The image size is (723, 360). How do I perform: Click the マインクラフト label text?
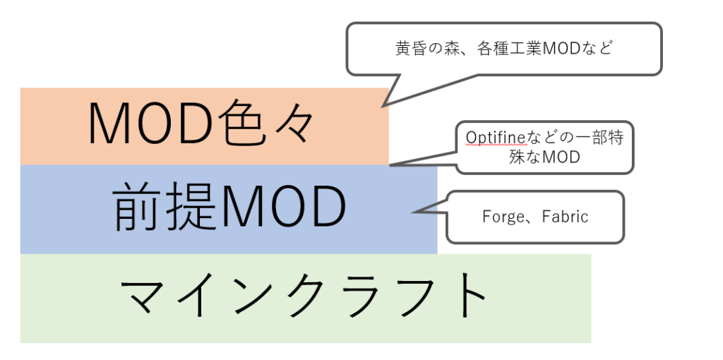point(304,295)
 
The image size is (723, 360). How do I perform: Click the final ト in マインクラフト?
point(467,295)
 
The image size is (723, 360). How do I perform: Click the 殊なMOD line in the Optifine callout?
point(544,157)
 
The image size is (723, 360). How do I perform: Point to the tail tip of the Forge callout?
point(412,212)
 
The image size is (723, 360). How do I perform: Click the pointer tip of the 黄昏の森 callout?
point(382,107)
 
